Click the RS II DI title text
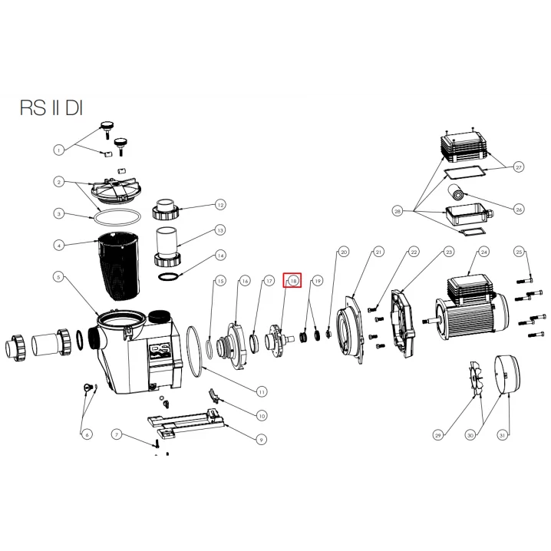click(x=51, y=108)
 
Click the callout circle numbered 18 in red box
click(x=293, y=282)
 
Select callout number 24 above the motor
click(x=483, y=252)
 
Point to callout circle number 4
click(x=58, y=246)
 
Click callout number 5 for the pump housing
click(x=58, y=276)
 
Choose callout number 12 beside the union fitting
click(x=220, y=205)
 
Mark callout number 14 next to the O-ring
click(x=220, y=256)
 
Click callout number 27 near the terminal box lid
click(x=519, y=167)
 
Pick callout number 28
click(x=398, y=210)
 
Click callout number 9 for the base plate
click(x=262, y=440)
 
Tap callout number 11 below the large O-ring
click(x=262, y=391)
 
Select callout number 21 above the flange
click(x=378, y=252)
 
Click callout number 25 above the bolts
click(x=519, y=252)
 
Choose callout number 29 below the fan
click(x=438, y=436)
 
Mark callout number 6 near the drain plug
click(x=86, y=435)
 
